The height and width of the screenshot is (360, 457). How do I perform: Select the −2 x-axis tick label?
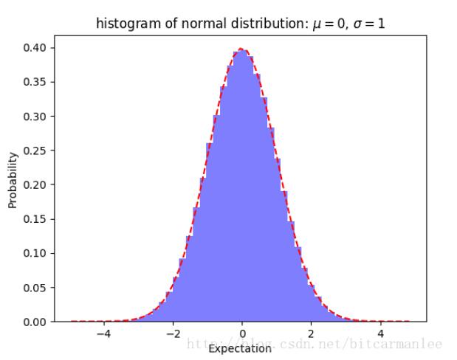point(172,333)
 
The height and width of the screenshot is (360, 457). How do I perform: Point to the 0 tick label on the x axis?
point(241,333)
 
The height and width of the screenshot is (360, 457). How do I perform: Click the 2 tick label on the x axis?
point(311,333)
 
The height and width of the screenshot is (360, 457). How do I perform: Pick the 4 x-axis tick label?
point(380,333)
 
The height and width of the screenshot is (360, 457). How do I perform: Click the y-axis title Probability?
point(13,179)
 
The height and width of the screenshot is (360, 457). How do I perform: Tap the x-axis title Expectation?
point(240,347)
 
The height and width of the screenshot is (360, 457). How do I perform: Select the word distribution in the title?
point(261,24)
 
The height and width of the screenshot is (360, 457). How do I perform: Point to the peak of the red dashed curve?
point(241,49)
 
